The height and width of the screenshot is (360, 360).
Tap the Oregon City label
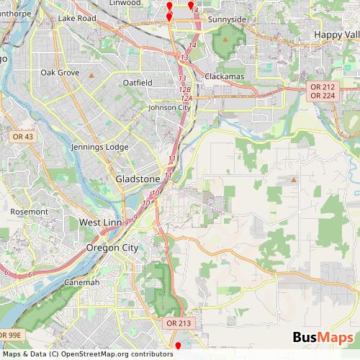(112, 248)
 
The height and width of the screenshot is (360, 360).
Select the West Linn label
(102, 222)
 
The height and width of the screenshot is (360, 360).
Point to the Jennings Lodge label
(99, 147)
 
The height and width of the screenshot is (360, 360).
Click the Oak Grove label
(59, 73)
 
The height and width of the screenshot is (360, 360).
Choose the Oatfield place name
(137, 83)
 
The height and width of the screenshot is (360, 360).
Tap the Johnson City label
(167, 108)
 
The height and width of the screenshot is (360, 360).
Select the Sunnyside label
(227, 19)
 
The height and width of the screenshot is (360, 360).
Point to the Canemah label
(81, 282)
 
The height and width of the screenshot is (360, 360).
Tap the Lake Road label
(77, 17)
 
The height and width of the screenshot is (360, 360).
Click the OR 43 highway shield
(22, 136)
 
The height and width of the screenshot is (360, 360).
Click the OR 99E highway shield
(11, 335)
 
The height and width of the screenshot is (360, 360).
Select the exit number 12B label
(184, 89)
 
